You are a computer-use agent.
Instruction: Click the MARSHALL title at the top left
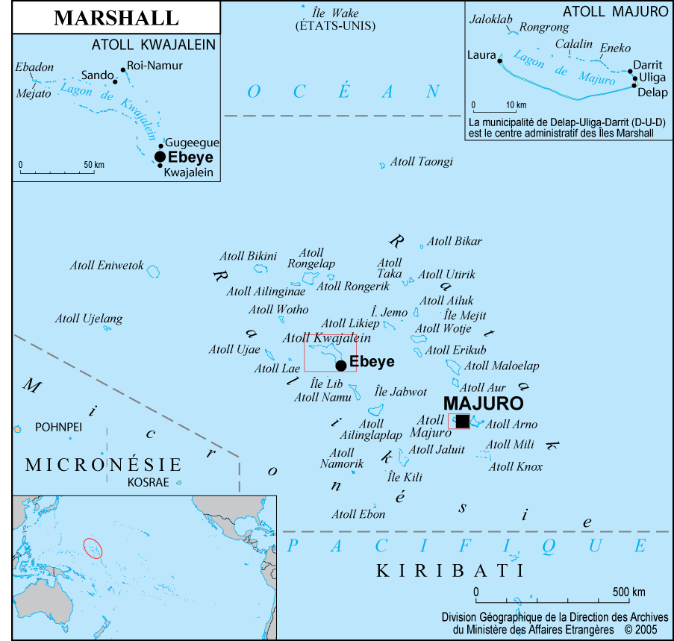click(116, 18)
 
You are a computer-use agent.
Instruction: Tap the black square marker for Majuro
click(463, 422)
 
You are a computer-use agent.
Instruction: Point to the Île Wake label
click(335, 13)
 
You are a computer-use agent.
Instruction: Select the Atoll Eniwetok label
click(107, 266)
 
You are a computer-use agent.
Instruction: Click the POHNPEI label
click(58, 428)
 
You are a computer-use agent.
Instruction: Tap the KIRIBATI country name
click(450, 571)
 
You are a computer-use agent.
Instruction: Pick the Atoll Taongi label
click(422, 161)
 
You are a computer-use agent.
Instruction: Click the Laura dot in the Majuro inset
click(499, 60)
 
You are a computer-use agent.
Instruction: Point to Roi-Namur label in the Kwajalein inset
click(155, 66)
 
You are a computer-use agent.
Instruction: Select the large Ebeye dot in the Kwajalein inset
click(160, 157)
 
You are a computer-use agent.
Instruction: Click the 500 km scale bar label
click(628, 592)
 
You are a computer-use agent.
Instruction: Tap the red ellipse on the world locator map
click(93, 548)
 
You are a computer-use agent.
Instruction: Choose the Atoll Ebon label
click(359, 514)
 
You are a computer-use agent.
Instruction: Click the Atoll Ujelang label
click(88, 319)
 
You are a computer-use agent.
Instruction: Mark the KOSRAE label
click(149, 482)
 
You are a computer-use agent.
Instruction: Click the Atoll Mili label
click(510, 445)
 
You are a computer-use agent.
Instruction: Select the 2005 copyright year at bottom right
click(646, 630)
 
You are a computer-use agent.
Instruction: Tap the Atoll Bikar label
click(455, 241)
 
